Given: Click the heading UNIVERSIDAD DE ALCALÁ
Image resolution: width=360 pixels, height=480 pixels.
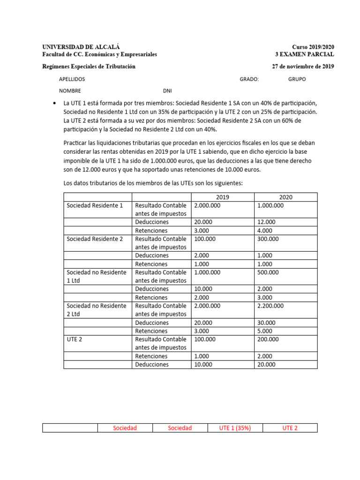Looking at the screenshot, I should tap(81, 47).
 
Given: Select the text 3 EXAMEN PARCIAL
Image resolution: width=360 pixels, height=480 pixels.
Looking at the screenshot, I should tap(305, 54).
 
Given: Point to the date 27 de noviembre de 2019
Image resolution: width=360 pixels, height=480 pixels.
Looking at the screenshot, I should tap(303, 67).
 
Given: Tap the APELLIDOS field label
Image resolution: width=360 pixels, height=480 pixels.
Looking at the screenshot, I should tap(72, 79).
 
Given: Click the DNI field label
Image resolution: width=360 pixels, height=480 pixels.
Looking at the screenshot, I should tap(167, 91).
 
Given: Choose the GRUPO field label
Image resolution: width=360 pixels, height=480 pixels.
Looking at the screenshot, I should tap(297, 79).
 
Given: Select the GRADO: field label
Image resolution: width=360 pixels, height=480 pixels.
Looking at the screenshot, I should tap(249, 79).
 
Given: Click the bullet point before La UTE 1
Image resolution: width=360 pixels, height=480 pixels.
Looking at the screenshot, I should tap(56, 103).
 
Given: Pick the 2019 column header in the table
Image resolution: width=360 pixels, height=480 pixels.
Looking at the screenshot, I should tap(223, 197).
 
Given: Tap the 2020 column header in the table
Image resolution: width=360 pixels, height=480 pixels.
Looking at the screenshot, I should tap(285, 197).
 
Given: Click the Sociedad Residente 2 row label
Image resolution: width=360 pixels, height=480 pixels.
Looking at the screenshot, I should tap(95, 239).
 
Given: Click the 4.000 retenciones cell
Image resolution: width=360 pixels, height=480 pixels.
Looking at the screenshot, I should tap(266, 231).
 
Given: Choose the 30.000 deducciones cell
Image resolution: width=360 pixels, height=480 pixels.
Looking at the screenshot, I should tap(267, 322).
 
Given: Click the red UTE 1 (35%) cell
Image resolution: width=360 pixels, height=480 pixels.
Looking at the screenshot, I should tap(235, 428).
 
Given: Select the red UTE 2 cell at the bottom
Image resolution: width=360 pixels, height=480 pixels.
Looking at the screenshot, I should tap(290, 428).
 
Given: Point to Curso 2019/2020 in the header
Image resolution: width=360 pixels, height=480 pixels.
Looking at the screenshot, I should tap(313, 47).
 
